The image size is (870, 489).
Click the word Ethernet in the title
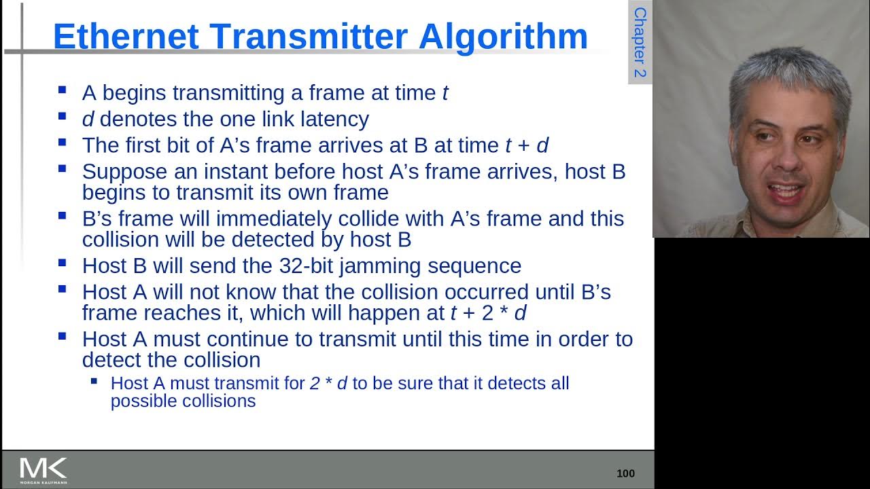[125, 37]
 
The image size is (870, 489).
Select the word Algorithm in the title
[503, 37]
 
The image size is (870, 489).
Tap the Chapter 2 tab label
[640, 42]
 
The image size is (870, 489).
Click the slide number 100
[625, 473]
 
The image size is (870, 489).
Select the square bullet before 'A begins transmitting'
[63, 90]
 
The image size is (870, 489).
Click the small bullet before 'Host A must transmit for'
[94, 381]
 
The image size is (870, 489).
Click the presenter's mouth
[788, 190]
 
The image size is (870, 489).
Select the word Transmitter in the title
[309, 37]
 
